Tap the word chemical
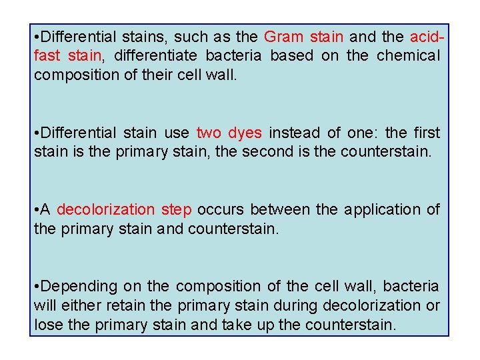tap(409, 55)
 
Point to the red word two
tap(209, 133)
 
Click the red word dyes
tap(245, 133)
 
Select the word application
tap(383, 209)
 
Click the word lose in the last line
tap(47, 325)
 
